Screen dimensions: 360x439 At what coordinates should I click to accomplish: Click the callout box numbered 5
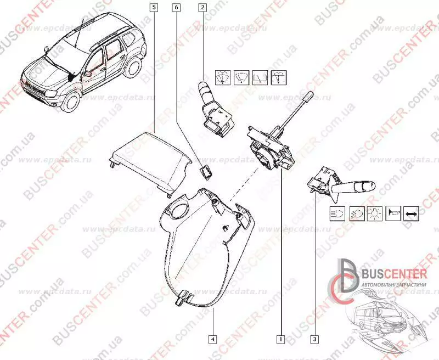(x=153, y=8)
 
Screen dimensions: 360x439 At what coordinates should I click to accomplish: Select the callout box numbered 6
(x=176, y=8)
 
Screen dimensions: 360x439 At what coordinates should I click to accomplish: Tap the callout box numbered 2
(x=203, y=8)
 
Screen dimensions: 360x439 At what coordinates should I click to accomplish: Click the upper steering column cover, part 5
(x=148, y=159)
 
